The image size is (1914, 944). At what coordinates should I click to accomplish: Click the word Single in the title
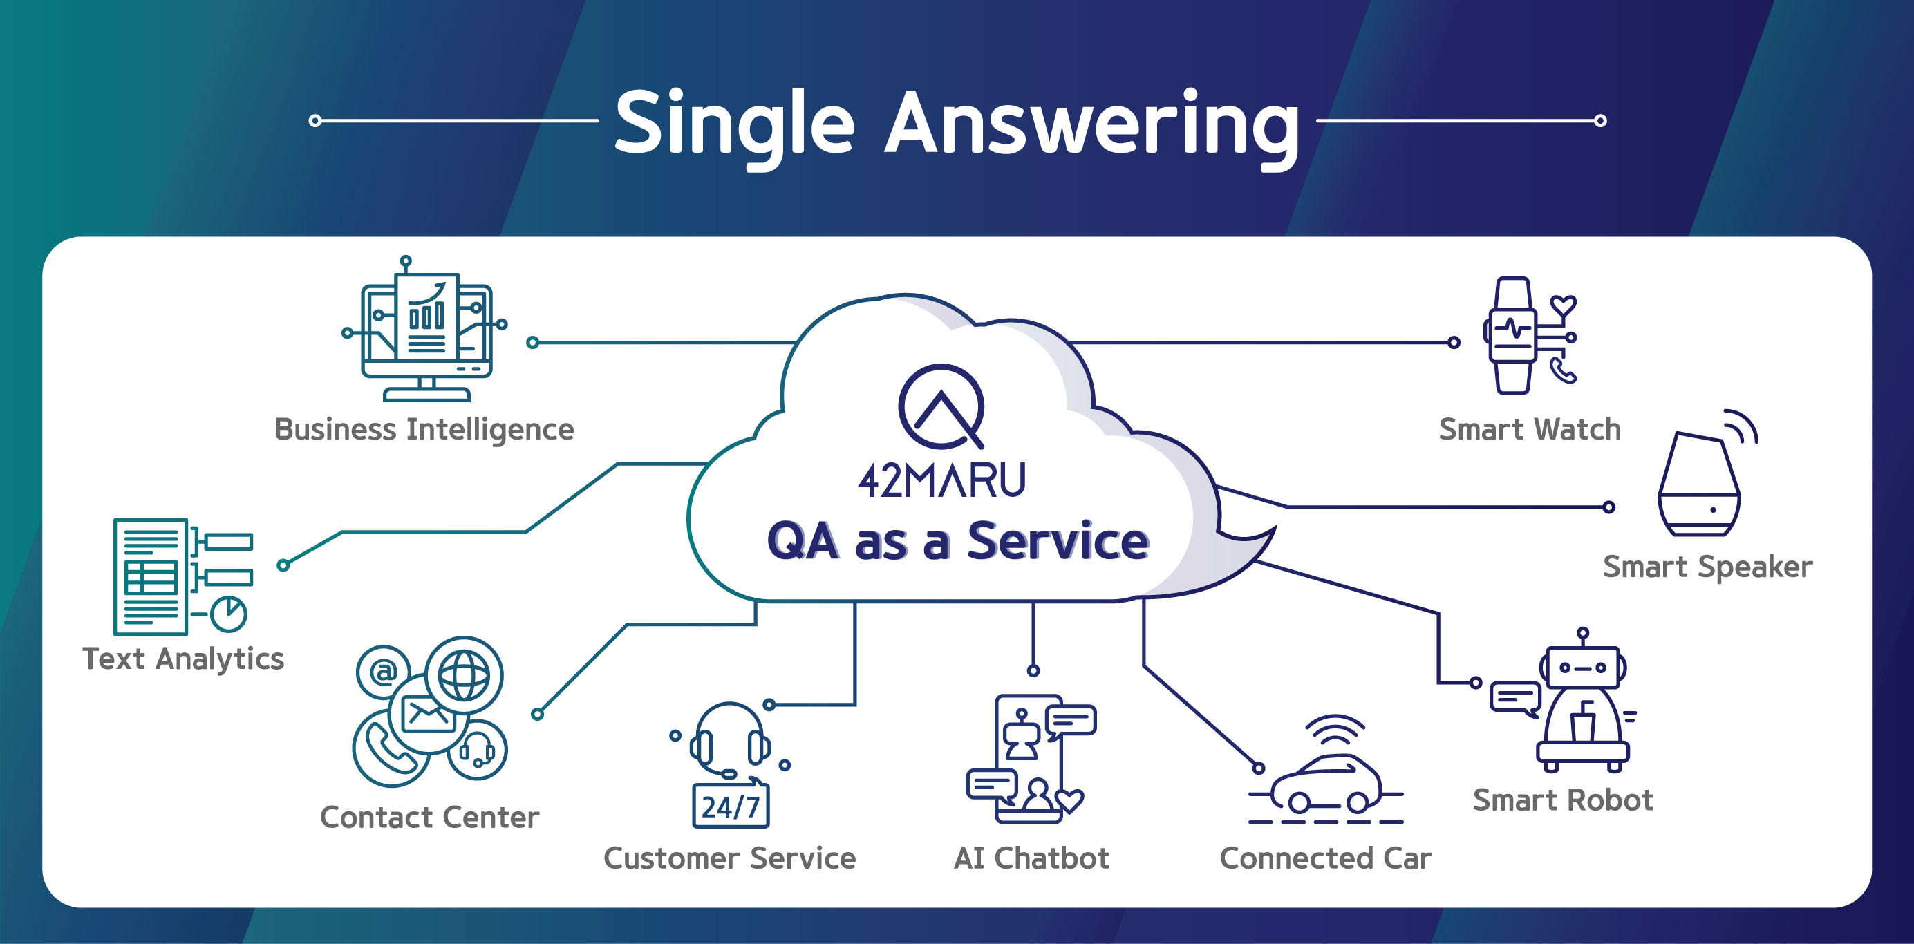click(x=734, y=126)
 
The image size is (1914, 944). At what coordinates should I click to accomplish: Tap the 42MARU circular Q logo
click(x=941, y=406)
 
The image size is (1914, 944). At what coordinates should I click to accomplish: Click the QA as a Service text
click(x=958, y=540)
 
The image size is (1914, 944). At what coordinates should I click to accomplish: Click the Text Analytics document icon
click(x=182, y=576)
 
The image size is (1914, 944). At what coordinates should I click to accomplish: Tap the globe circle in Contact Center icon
click(x=465, y=675)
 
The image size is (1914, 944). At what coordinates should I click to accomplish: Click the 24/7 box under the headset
click(x=731, y=806)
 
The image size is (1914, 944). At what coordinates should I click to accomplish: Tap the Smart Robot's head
click(x=1583, y=666)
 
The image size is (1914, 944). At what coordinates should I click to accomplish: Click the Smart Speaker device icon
click(x=1698, y=484)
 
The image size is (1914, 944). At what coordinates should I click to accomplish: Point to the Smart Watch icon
click(x=1529, y=336)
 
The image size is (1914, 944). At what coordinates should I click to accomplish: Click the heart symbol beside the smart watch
click(x=1564, y=305)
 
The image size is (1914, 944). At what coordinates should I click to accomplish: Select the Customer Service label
click(x=730, y=858)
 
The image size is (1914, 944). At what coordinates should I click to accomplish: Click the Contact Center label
click(x=429, y=817)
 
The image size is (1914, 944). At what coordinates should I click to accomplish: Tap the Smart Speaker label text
click(x=1707, y=567)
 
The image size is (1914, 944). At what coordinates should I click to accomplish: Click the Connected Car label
click(x=1326, y=858)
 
